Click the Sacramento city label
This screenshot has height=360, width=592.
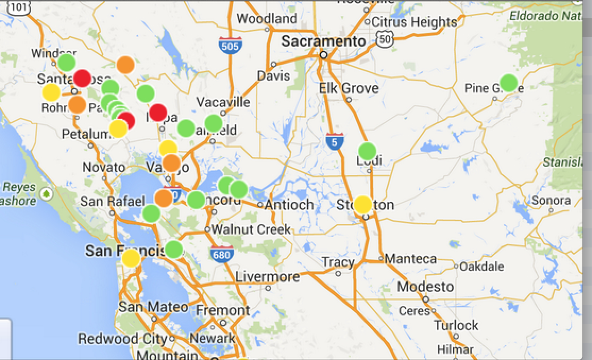pos(324,41)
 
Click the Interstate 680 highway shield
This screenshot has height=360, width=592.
pos(219,253)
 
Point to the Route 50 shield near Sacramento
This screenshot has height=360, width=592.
pos(384,38)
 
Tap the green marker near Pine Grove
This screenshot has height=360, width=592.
pos(509,83)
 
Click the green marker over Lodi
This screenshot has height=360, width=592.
pos(367,151)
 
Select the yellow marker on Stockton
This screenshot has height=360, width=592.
pos(363,204)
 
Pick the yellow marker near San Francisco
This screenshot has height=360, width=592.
pos(131,259)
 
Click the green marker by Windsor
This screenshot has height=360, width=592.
pos(66,63)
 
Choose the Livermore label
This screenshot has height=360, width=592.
pos(267,277)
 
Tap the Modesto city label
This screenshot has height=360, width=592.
pos(425,287)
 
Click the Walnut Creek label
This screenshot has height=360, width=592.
pos(251,229)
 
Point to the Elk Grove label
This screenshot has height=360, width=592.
pos(349,88)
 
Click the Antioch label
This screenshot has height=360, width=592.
pos(289,204)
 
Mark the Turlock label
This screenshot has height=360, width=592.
pos(456,325)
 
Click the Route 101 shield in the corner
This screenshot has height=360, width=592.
pos(19,7)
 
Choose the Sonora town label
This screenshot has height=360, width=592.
pos(551,200)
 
